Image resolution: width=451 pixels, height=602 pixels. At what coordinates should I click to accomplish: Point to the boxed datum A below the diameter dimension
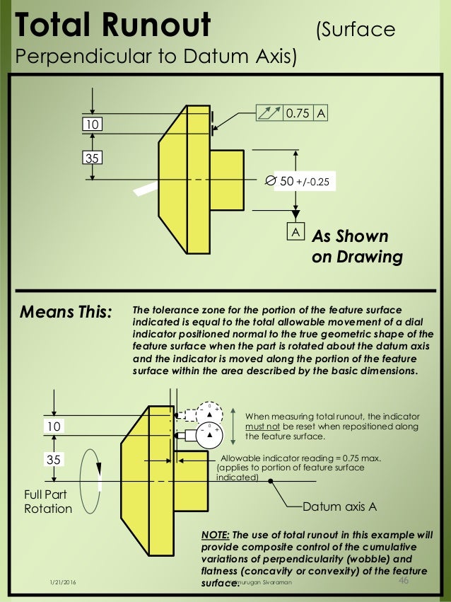tap(293, 232)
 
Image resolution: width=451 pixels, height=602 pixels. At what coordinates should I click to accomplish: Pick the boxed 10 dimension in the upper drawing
tap(92, 125)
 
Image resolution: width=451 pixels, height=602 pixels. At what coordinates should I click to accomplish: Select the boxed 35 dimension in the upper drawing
tap(92, 158)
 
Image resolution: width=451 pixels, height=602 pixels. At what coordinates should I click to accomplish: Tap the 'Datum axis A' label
tap(339, 507)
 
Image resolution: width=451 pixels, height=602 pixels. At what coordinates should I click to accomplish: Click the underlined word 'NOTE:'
tap(216, 534)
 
